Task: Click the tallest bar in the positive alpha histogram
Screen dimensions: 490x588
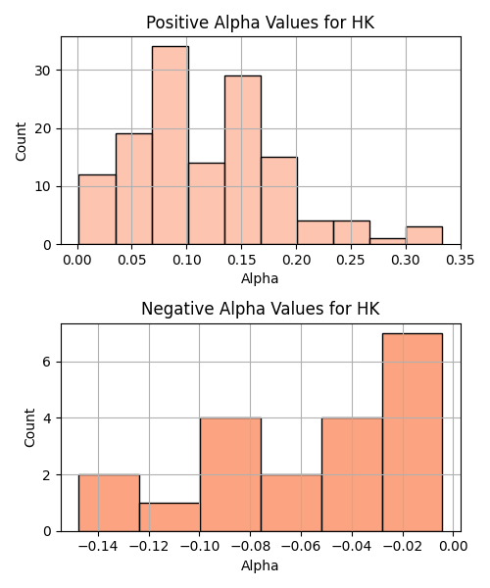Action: tap(171, 145)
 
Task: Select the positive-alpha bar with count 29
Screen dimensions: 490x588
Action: tap(243, 160)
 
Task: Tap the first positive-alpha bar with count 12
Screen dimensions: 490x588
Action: tap(97, 210)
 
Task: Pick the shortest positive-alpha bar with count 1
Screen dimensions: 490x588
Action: tap(388, 241)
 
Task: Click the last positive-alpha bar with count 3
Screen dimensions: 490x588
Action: tap(424, 235)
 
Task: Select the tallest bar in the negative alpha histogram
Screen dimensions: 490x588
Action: tap(413, 432)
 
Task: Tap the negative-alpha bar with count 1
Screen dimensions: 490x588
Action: tap(170, 517)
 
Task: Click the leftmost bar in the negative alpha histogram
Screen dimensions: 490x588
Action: tap(109, 504)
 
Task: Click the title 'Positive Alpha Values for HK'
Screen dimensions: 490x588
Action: tap(260, 23)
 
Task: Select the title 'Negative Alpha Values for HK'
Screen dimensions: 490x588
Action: tap(261, 309)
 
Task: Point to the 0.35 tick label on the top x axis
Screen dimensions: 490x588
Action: tap(461, 260)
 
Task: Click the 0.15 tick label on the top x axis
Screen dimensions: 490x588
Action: tap(241, 260)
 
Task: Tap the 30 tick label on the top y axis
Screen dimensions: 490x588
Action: tap(43, 71)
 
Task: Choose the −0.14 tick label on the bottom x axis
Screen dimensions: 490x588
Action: tap(98, 547)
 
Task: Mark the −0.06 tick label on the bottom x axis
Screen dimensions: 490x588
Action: tap(301, 547)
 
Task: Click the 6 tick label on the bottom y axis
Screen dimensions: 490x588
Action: tap(47, 363)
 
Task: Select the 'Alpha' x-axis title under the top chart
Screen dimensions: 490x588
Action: tap(260, 279)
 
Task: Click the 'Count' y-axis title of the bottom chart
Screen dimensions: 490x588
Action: tap(29, 428)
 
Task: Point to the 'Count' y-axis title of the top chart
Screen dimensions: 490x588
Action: tap(21, 141)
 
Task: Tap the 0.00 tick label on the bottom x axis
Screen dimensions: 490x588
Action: tap(454, 547)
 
